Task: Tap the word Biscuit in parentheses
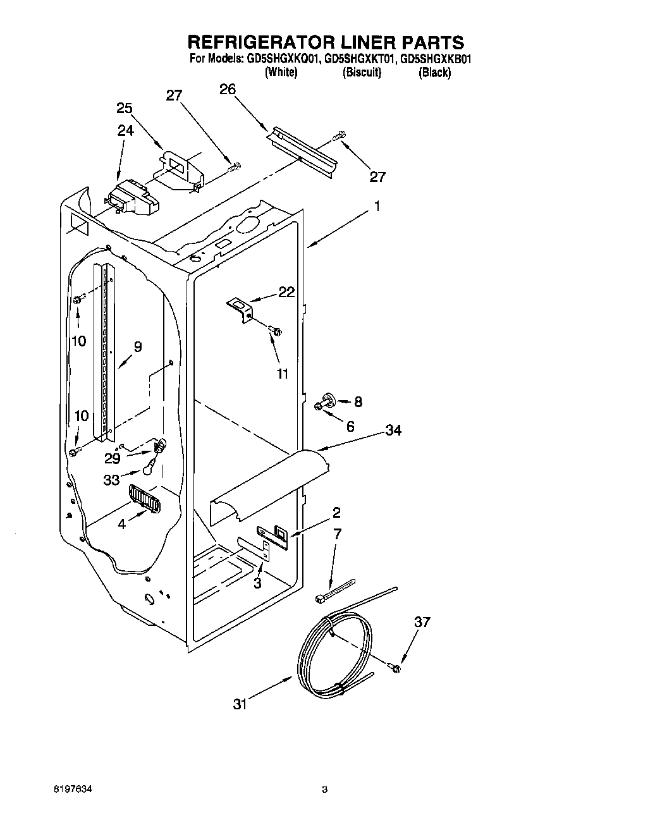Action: pyautogui.click(x=362, y=73)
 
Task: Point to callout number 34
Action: pyautogui.click(x=393, y=431)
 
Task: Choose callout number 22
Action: pyautogui.click(x=286, y=291)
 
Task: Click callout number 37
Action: pyautogui.click(x=422, y=622)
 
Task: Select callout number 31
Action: pyautogui.click(x=239, y=704)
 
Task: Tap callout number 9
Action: pyautogui.click(x=138, y=346)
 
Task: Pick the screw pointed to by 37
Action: pyautogui.click(x=396, y=667)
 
